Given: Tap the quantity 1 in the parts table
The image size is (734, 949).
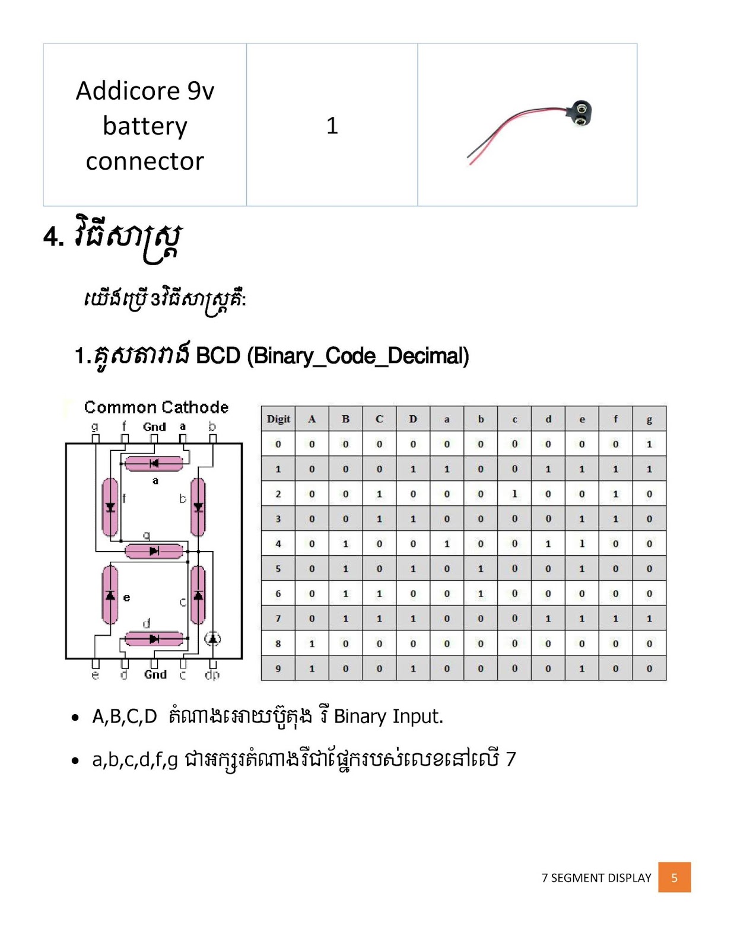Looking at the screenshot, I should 332,125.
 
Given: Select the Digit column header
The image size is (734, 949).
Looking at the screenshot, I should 278,419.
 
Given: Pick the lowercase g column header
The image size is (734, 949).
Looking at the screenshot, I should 649,419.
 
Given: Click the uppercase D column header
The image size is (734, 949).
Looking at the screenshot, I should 413,419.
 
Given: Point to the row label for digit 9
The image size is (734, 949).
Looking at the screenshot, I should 278,668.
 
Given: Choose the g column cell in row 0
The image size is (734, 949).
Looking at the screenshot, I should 649,444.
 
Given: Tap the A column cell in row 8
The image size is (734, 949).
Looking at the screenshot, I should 312,644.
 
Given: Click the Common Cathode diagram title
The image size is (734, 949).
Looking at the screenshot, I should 156,407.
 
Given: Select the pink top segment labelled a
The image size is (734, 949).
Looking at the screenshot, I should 154,463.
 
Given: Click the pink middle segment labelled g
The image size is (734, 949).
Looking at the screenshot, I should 154,551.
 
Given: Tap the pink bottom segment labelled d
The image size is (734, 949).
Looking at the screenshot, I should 154,639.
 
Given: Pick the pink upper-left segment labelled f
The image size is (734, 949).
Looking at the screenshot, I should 110,507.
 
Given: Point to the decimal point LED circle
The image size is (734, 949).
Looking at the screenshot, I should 212,639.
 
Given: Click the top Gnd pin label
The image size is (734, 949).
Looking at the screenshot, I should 154,427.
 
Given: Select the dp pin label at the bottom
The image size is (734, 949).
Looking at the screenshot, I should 212,675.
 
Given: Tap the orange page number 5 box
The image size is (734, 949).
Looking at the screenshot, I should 674,877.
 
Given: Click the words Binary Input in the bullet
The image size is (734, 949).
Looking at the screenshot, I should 388,716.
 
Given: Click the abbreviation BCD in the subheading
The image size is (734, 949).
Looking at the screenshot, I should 218,356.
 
